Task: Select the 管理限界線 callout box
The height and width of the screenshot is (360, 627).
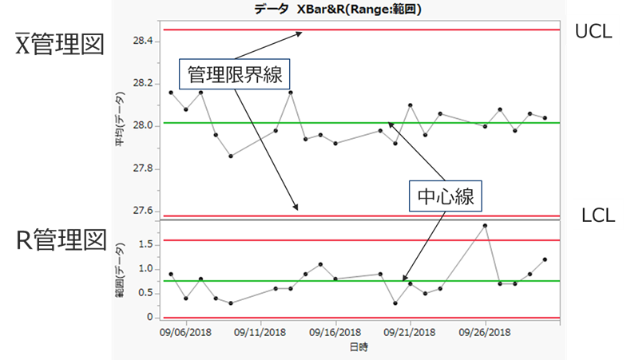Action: pos(233,76)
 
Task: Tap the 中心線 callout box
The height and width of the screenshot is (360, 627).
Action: pos(442,196)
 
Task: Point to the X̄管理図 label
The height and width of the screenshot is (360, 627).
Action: pos(60,43)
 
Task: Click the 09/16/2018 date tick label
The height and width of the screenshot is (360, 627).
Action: pos(335,330)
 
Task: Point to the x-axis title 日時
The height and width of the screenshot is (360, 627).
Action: pos(359,347)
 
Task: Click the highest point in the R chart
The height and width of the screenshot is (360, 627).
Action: pos(485,226)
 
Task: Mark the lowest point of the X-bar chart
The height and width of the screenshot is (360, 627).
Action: pos(231,156)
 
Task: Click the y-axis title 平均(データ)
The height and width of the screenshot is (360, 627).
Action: pos(119,128)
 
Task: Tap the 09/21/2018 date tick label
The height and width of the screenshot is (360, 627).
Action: pos(411,330)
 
